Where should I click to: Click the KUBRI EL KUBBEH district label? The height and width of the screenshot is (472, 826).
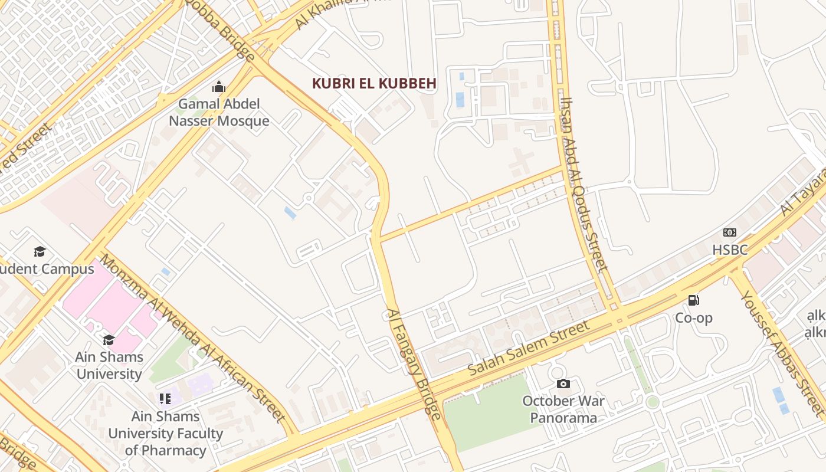pyautogui.click(x=374, y=83)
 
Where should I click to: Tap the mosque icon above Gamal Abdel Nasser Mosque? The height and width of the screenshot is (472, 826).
pyautogui.click(x=219, y=87)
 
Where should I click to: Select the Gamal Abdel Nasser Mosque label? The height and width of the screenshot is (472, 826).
pyautogui.click(x=219, y=113)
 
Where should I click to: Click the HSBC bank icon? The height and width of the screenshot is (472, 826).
pyautogui.click(x=730, y=232)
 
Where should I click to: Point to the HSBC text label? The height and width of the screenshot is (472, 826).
pyautogui.click(x=730, y=250)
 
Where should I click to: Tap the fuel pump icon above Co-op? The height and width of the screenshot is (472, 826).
pyautogui.click(x=694, y=300)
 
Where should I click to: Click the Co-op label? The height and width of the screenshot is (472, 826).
pyautogui.click(x=694, y=318)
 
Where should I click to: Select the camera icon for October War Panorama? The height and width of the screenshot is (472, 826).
pyautogui.click(x=563, y=384)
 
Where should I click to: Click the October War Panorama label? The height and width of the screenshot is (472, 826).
pyautogui.click(x=563, y=409)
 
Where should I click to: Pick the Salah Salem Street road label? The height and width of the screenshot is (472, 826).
pyautogui.click(x=529, y=348)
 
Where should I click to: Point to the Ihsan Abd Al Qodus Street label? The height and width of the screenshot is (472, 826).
pyautogui.click(x=584, y=184)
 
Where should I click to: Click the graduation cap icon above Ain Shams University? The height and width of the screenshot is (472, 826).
pyautogui.click(x=109, y=340)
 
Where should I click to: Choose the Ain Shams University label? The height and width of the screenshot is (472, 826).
pyautogui.click(x=109, y=365)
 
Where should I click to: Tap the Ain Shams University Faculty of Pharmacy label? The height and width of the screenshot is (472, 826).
pyautogui.click(x=166, y=433)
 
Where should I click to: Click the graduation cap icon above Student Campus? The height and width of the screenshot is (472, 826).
pyautogui.click(x=40, y=252)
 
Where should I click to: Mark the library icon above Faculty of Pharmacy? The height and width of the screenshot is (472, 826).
pyautogui.click(x=165, y=399)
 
